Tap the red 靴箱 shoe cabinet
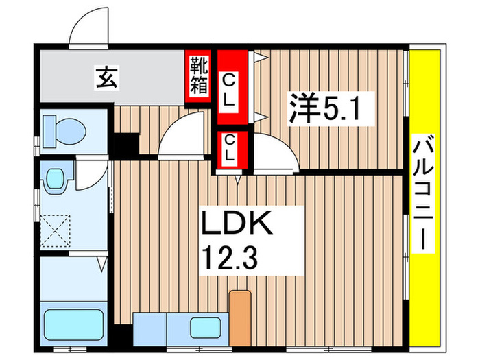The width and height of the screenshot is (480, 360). pos(200,75)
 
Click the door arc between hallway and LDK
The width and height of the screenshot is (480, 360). pos(180,137)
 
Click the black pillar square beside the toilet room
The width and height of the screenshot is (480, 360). pos(125,145)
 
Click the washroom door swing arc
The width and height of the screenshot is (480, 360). pos(87,176)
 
